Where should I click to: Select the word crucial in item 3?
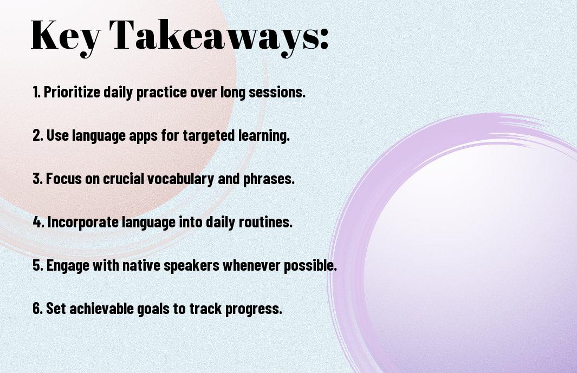(x=124, y=179)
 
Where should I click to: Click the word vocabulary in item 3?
(x=180, y=179)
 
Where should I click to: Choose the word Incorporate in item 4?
(x=83, y=223)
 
